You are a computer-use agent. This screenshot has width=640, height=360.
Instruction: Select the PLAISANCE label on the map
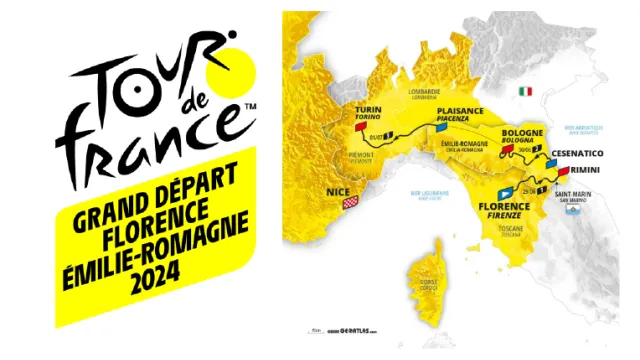459,111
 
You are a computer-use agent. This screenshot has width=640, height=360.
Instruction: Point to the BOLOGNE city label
522,132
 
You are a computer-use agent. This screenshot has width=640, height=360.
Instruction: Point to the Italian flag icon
524,90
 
